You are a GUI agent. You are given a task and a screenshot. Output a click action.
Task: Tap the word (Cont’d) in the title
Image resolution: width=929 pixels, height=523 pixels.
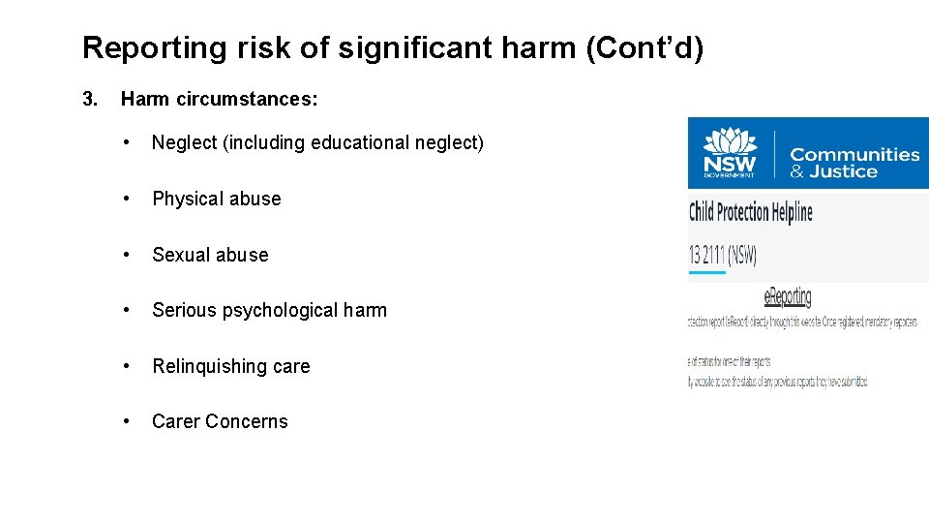point(644,48)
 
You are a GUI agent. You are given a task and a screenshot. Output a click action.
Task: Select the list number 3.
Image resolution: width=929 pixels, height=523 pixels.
point(90,99)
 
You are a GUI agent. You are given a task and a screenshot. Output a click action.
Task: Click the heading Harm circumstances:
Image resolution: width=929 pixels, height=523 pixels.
point(220,99)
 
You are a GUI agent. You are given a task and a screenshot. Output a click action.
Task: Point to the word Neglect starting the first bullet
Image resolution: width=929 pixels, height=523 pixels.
point(184,143)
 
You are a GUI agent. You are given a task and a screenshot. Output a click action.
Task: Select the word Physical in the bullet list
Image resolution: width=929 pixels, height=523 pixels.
point(187,199)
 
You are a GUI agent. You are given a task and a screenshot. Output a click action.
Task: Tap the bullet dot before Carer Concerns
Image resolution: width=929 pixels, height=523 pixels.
point(126,421)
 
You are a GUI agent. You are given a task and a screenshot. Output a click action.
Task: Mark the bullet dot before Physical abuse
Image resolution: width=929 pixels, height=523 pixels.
point(126,199)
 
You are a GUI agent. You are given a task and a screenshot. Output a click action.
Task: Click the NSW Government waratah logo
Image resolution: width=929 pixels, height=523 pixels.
point(730,152)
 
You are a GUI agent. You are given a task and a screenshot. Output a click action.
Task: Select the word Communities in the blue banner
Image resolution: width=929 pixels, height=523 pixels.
point(854,154)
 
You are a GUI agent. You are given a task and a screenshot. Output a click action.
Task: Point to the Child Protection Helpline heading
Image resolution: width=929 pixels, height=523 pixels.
point(751,212)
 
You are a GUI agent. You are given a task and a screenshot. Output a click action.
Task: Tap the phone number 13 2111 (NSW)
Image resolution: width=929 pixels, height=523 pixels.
point(723,256)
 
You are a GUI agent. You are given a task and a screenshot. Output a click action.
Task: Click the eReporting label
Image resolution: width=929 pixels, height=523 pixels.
point(788,297)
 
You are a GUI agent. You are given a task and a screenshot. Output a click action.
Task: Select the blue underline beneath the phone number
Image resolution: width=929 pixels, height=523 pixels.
point(706,273)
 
